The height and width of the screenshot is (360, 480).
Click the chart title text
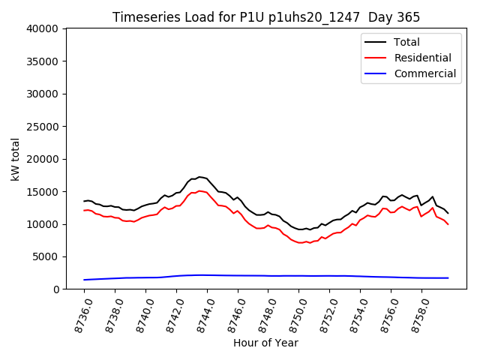click(266, 17)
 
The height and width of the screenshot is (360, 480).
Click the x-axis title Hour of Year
click(265, 343)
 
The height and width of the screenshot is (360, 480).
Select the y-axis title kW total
click(15, 159)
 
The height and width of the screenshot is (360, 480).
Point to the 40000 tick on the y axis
click(44, 29)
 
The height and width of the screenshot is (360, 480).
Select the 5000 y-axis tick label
click(47, 256)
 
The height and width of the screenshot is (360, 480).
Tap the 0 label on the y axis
click(57, 289)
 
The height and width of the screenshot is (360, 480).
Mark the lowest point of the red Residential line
click(301, 243)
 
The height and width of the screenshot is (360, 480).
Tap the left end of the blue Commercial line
click(85, 280)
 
